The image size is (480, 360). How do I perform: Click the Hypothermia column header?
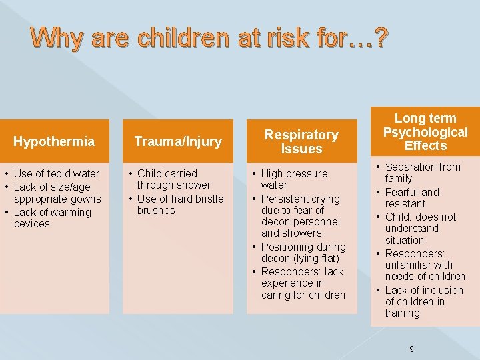tap(54, 141)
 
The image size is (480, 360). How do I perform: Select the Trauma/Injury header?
tap(178, 141)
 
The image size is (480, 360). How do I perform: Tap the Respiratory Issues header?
tap(301, 141)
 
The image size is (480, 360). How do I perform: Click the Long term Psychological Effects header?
tap(425, 132)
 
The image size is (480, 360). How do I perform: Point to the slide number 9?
tap(412, 349)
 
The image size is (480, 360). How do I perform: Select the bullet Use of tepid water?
tap(56, 173)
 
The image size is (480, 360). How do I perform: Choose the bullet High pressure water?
tap(294, 179)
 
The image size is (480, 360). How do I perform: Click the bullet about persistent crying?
tap(300, 216)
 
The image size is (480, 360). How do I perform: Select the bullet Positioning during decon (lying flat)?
tap(303, 253)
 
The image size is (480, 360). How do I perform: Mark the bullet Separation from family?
tap(422, 173)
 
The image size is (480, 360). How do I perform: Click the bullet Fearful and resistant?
tap(411, 198)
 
